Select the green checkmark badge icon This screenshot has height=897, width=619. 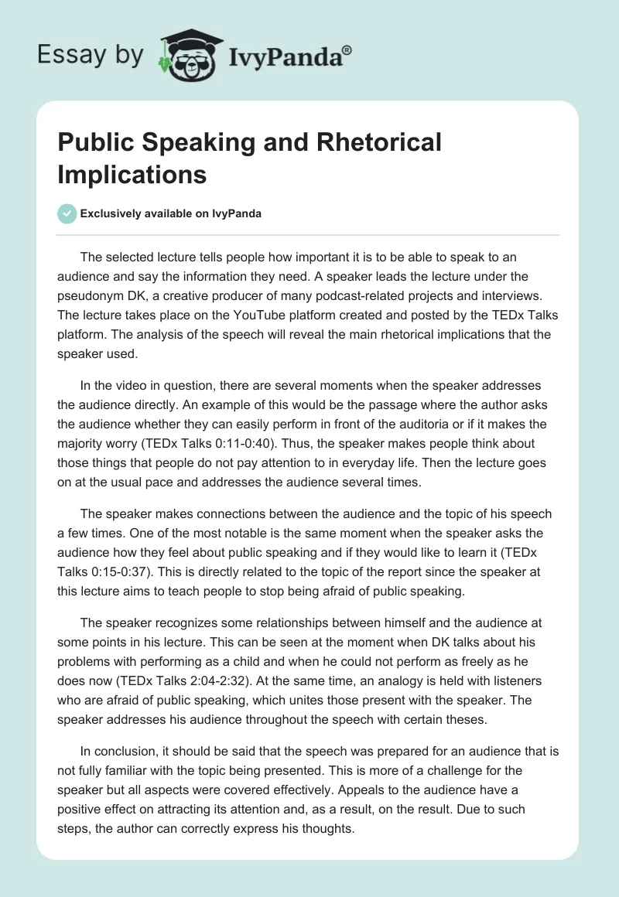tap(67, 214)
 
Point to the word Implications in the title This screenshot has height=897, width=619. tap(132, 174)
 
